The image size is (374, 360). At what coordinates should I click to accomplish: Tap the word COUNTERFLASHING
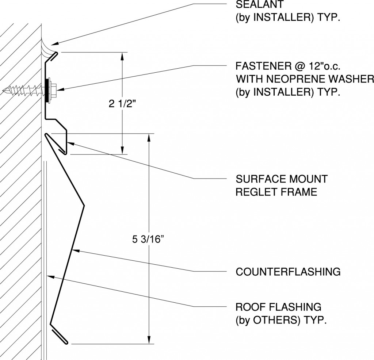[x=288, y=272]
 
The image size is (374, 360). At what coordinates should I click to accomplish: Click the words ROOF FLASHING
[x=278, y=306]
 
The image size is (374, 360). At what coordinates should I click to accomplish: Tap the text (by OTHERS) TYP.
[x=280, y=320]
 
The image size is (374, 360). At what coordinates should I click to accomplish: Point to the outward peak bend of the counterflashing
[x=83, y=206]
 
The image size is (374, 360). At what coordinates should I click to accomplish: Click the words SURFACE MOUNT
[x=281, y=179]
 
